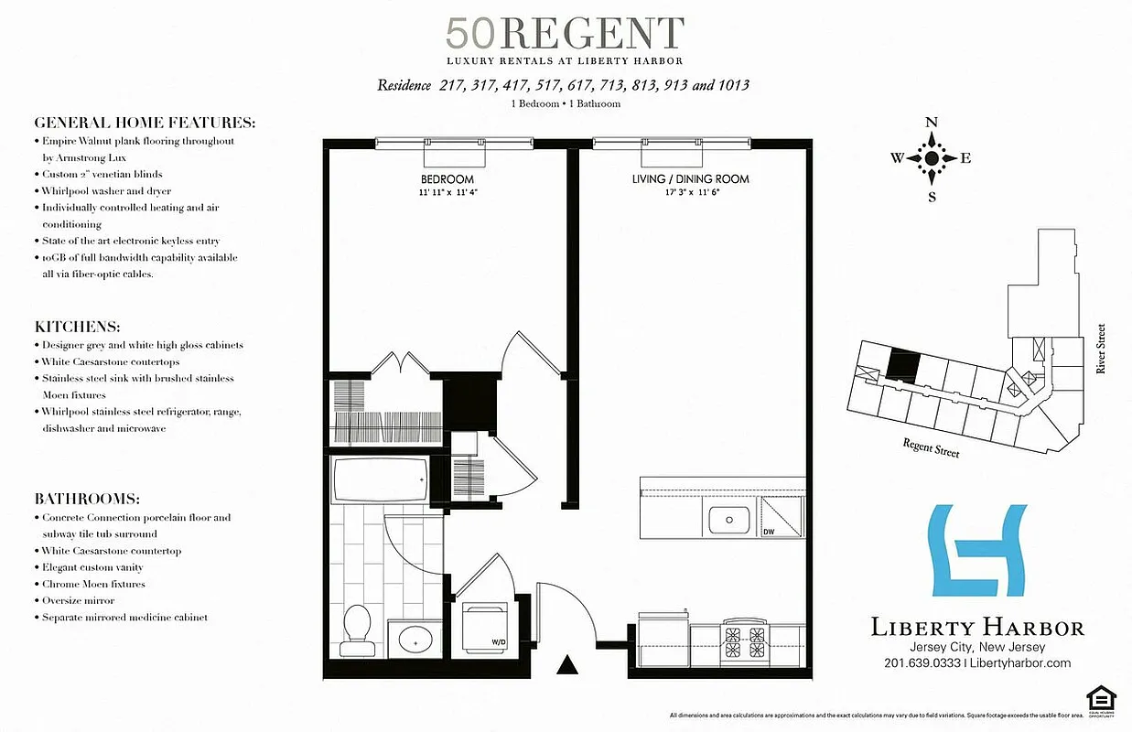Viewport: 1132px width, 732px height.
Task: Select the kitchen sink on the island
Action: [x=728, y=520]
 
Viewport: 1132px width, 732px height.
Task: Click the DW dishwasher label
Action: [x=770, y=531]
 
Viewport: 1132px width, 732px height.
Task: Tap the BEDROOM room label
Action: [x=447, y=179]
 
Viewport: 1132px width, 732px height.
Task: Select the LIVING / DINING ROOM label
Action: [x=690, y=179]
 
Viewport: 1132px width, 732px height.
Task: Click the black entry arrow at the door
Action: [x=568, y=665]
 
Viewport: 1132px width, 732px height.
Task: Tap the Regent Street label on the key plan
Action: [x=932, y=447]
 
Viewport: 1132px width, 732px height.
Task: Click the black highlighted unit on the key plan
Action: [x=903, y=366]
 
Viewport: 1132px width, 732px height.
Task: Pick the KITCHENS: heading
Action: [x=78, y=327]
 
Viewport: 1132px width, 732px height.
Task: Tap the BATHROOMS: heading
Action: [x=87, y=500]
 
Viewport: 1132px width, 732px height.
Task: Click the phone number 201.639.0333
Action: [x=922, y=663]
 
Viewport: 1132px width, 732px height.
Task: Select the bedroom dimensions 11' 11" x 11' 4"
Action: [x=447, y=192]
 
